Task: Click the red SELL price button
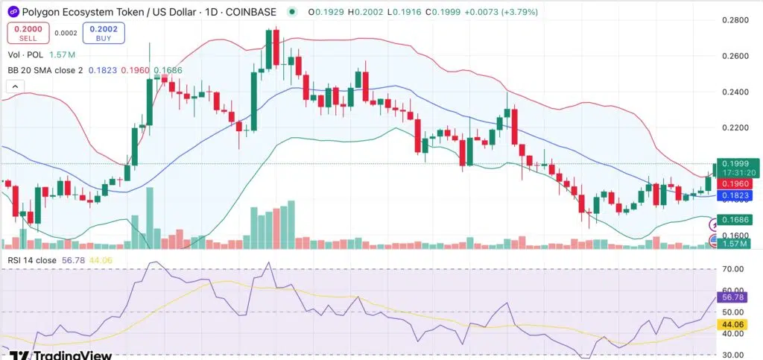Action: click(x=28, y=33)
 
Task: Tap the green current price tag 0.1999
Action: click(x=735, y=164)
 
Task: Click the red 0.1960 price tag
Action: click(x=735, y=183)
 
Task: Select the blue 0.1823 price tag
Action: click(x=735, y=195)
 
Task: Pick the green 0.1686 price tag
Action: click(x=735, y=221)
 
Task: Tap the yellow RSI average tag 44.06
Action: click(x=735, y=325)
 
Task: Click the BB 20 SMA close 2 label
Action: click(x=45, y=70)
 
